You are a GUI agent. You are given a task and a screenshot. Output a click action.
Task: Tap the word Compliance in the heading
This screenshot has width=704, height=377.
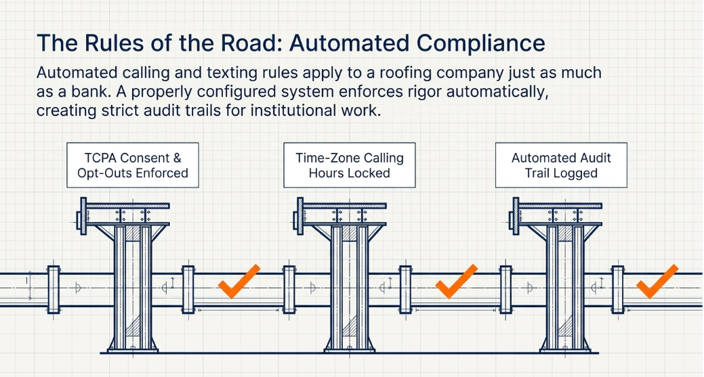[x=481, y=43]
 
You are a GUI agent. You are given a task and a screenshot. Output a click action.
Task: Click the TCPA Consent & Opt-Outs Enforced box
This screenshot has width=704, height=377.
[x=133, y=165]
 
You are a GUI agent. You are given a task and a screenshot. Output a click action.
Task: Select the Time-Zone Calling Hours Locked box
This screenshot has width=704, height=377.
[x=350, y=165]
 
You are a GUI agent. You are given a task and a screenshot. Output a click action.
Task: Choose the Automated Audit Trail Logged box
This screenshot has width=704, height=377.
[x=561, y=165]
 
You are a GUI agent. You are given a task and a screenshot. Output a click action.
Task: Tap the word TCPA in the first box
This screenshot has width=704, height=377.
[x=100, y=158]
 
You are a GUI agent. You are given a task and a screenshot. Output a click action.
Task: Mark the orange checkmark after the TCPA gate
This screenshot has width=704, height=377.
[x=239, y=282]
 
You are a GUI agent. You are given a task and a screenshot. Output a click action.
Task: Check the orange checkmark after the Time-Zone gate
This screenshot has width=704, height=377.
[x=457, y=282]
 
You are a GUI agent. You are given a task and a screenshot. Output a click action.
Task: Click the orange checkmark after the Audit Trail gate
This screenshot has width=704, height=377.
[x=657, y=282]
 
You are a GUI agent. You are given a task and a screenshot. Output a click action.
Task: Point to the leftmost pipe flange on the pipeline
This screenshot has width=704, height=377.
[x=54, y=289]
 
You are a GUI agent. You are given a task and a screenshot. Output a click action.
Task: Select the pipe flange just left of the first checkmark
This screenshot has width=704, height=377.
[x=188, y=289]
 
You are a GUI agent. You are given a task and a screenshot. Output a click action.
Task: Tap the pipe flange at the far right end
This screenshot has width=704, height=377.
[x=618, y=289]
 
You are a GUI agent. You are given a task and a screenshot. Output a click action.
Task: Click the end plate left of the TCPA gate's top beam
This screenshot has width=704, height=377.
[x=83, y=216]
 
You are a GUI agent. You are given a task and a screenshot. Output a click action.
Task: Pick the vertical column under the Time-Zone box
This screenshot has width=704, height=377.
[x=350, y=288]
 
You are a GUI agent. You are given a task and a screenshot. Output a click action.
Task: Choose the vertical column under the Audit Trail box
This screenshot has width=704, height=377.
[x=566, y=288]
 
